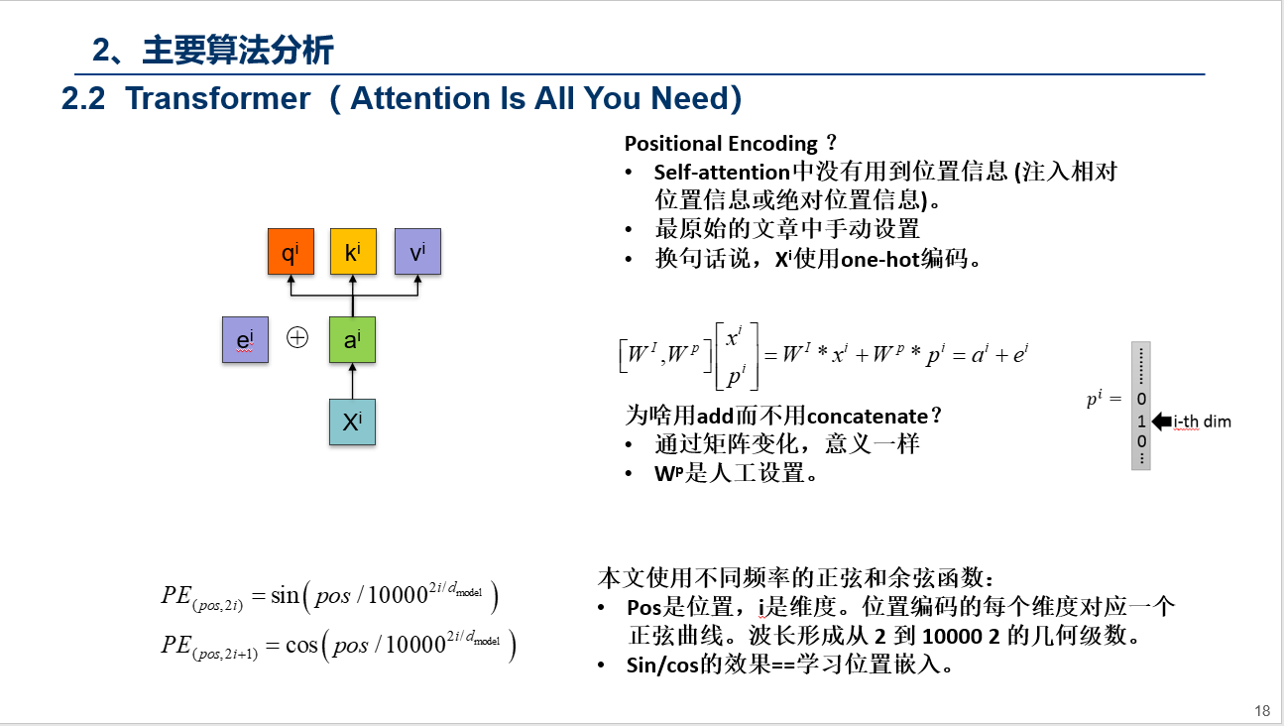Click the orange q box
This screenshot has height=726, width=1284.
tap(291, 252)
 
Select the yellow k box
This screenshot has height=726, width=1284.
tap(353, 252)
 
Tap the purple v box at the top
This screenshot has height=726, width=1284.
tap(417, 252)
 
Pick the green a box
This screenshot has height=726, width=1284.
tap(352, 339)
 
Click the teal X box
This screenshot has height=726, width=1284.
tap(352, 422)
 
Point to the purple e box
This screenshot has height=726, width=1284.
tap(245, 339)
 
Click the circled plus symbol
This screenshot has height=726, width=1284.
tap(297, 338)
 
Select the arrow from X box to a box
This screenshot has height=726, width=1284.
tap(352, 381)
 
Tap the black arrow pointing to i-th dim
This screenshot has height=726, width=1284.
tap(1161, 422)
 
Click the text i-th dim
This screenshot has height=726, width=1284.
tap(1202, 422)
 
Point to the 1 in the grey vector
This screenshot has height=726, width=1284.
tap(1141, 421)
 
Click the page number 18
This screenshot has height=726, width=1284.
tap(1261, 710)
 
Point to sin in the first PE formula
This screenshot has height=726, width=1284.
tap(285, 595)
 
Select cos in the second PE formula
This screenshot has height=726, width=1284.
tap(301, 645)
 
